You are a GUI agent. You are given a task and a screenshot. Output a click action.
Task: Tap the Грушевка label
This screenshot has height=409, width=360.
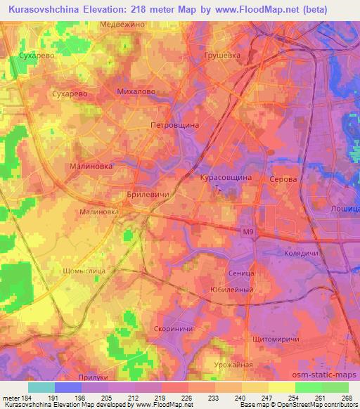click(221, 55)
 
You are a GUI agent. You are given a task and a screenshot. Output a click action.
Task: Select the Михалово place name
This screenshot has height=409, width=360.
click(136, 92)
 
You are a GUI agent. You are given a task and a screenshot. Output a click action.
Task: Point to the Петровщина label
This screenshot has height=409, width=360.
click(175, 124)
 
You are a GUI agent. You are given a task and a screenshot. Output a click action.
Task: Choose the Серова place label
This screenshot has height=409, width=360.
click(283, 179)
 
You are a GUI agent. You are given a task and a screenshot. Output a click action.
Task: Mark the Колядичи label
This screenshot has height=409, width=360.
click(302, 252)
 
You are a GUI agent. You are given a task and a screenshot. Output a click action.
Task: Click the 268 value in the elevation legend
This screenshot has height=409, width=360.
click(345, 397)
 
